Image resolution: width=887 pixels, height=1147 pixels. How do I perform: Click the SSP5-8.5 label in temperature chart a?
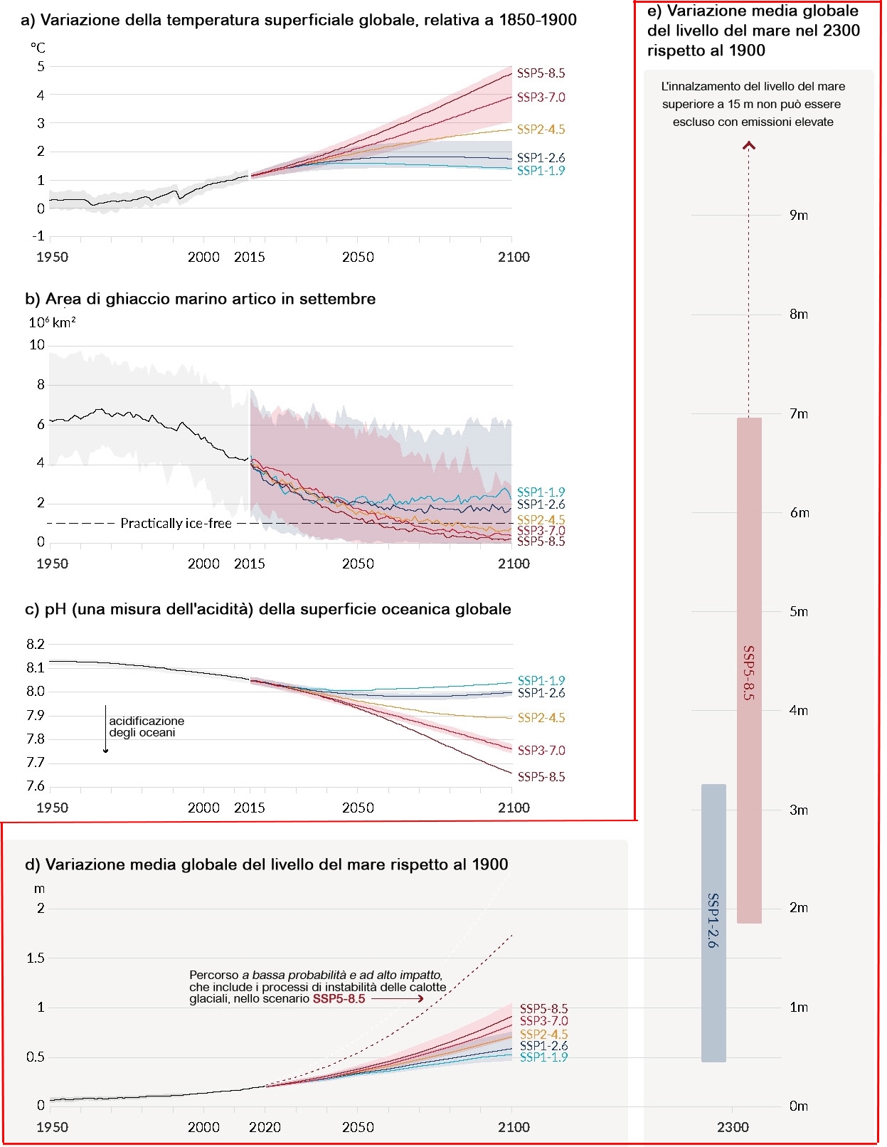click(541, 73)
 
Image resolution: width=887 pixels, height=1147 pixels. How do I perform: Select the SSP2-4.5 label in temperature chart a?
click(541, 129)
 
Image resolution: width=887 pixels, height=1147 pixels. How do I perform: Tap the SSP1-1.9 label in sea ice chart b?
click(541, 492)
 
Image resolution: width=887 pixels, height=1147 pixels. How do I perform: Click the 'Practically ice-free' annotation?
click(176, 523)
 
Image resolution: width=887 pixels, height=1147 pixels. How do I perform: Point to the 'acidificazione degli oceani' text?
click(146, 726)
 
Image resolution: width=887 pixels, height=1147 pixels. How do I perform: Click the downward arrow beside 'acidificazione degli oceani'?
click(105, 729)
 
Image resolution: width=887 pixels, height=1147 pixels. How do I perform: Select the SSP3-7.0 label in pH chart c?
click(541, 750)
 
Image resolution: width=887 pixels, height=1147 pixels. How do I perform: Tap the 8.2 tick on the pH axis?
click(36, 644)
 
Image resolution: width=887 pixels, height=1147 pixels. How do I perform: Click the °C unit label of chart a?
click(38, 48)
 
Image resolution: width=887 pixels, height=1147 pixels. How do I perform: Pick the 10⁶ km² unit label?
click(52, 322)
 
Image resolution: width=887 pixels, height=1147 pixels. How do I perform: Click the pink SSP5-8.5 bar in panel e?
click(749, 670)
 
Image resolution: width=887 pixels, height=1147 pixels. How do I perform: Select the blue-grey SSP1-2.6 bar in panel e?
click(713, 923)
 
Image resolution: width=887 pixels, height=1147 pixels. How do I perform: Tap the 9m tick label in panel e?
click(798, 216)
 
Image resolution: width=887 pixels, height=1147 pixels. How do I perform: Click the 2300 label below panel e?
click(733, 1128)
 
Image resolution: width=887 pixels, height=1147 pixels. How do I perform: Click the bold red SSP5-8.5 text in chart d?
click(339, 999)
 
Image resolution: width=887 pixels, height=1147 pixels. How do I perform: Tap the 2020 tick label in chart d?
click(265, 1128)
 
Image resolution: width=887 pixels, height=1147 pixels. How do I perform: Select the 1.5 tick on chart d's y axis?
click(36, 958)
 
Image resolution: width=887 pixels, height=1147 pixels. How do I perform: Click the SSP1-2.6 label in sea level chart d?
click(543, 1046)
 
